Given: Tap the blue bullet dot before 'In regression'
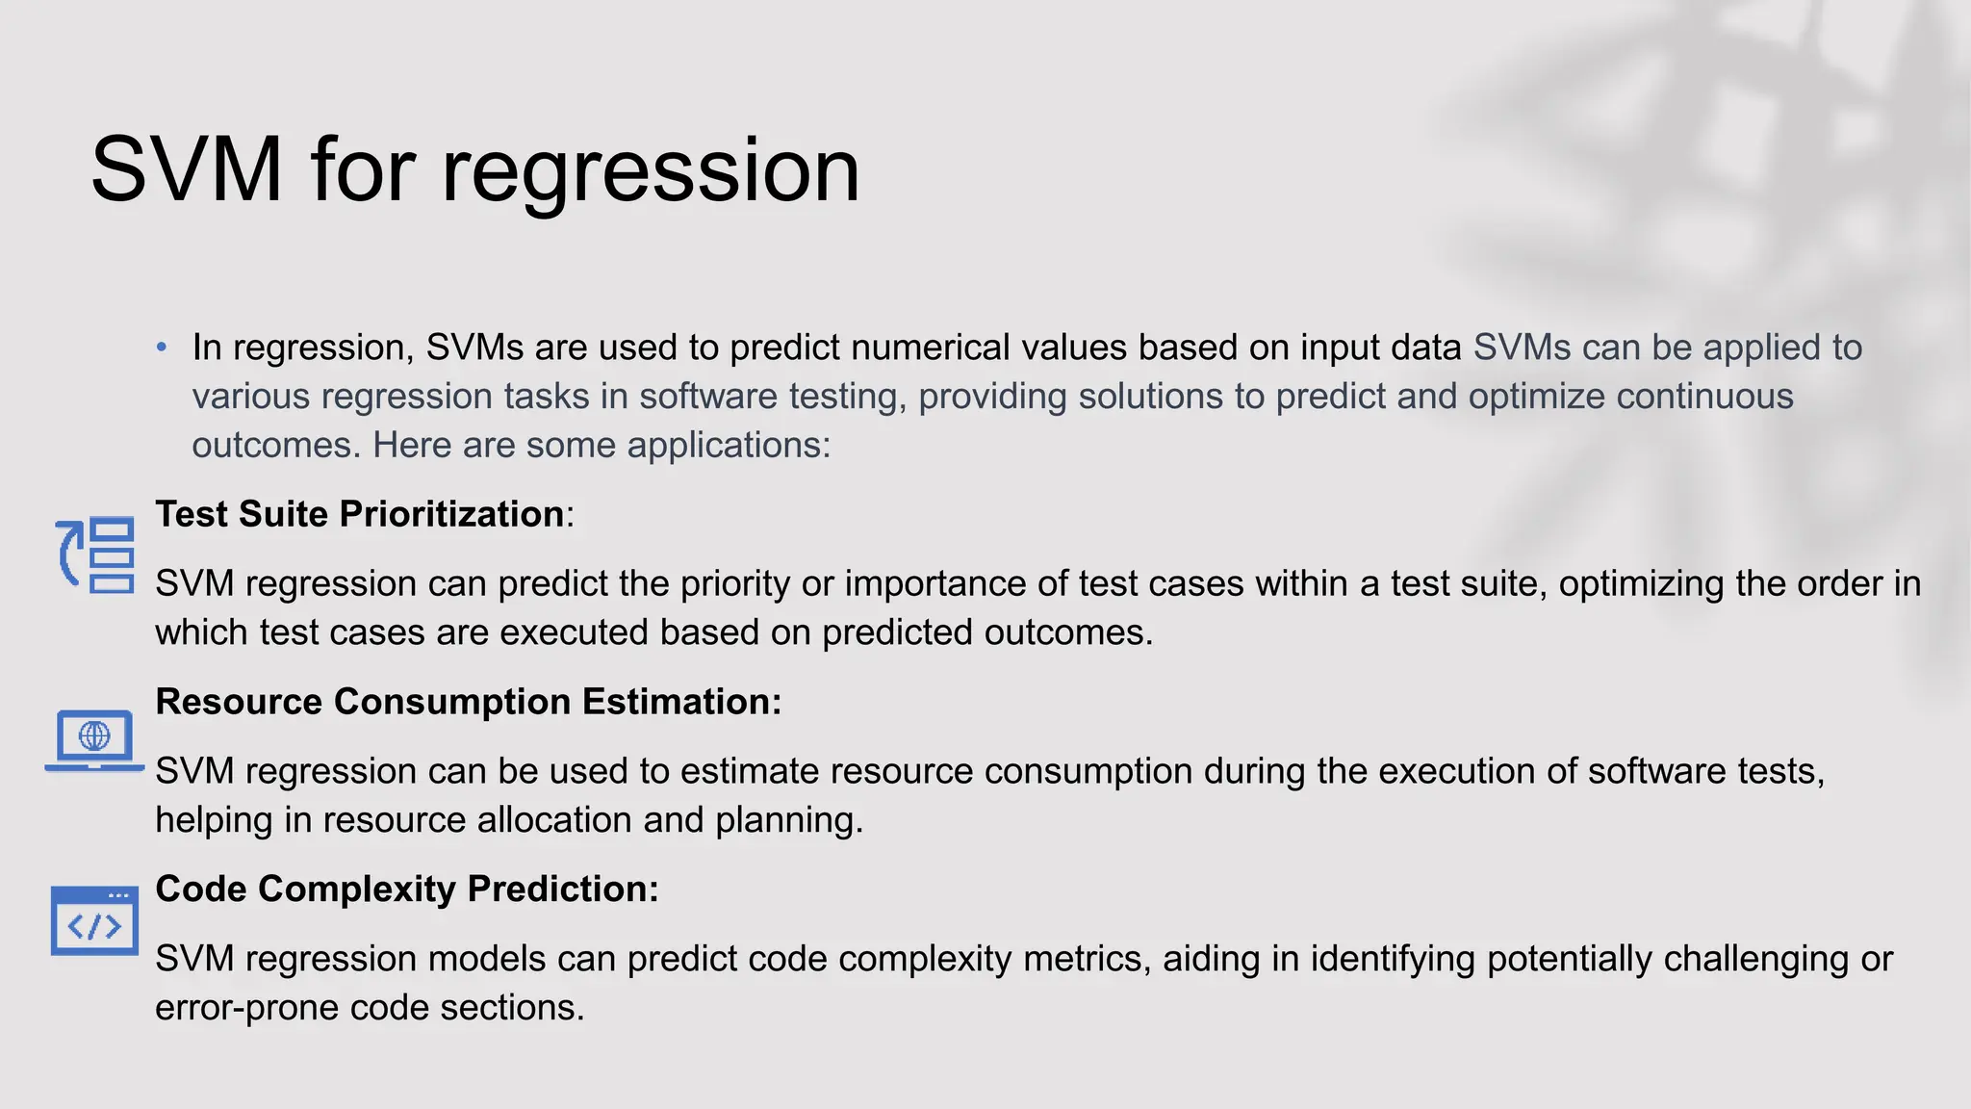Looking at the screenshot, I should click(x=162, y=347).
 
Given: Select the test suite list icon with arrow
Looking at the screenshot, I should click(x=95, y=555).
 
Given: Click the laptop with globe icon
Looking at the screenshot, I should click(x=94, y=740).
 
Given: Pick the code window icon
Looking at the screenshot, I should click(x=94, y=921).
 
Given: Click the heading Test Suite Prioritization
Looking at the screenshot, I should click(x=360, y=514).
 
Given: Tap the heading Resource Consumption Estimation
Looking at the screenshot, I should click(x=468, y=702).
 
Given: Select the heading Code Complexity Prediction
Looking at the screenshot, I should click(x=406, y=889).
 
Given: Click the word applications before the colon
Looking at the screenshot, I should click(x=726, y=446).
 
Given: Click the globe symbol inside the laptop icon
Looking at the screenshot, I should click(x=94, y=735).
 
